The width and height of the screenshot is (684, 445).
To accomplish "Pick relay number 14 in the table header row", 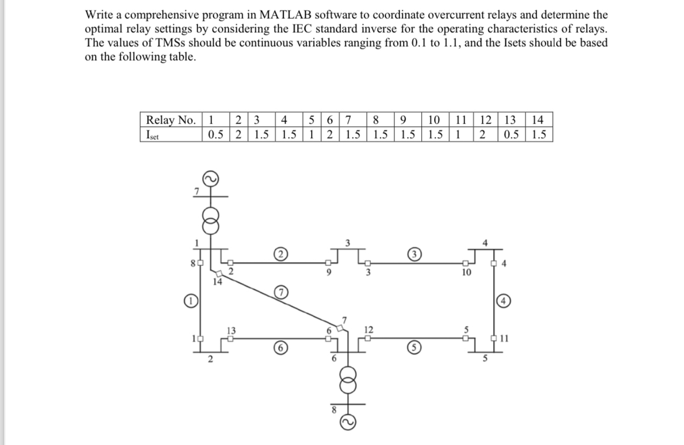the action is [539, 120].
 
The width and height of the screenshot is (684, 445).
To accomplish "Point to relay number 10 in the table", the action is [434, 120].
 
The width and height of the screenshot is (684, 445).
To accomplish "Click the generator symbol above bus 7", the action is [210, 178].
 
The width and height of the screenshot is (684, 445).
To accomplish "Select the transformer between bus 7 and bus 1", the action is [210, 220].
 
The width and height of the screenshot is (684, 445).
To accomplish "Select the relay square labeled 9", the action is [327, 263].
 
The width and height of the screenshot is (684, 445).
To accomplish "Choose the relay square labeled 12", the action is [368, 339].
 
